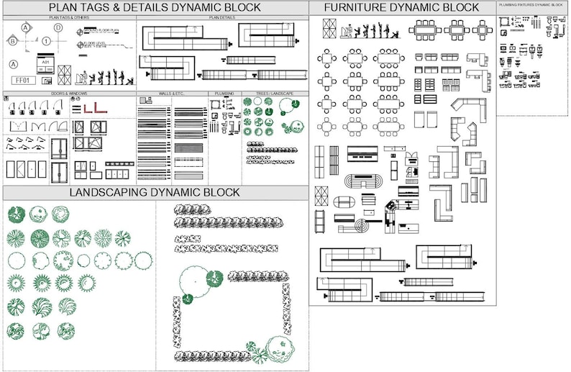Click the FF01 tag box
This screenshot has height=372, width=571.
pyautogui.click(x=24, y=79)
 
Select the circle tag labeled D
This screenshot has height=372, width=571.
pyautogui.click(x=58, y=28)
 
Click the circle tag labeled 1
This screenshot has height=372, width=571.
pyautogui.click(x=45, y=42)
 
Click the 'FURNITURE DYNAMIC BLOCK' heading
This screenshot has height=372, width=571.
pyautogui.click(x=401, y=8)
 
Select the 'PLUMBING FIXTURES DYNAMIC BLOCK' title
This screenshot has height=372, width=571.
pyautogui.click(x=531, y=5)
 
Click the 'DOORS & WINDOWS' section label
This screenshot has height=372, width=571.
pyautogui.click(x=69, y=94)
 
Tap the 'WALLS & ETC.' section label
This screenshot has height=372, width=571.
pyautogui.click(x=172, y=94)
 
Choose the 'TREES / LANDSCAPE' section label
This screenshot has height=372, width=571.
pyautogui.click(x=275, y=94)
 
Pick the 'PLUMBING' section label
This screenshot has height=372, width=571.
pyautogui.click(x=224, y=94)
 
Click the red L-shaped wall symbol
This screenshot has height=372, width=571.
pyautogui.click(x=94, y=108)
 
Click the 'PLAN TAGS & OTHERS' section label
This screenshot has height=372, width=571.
pyautogui.click(x=69, y=17)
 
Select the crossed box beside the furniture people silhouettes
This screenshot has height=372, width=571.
pyautogui.click(x=329, y=29)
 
